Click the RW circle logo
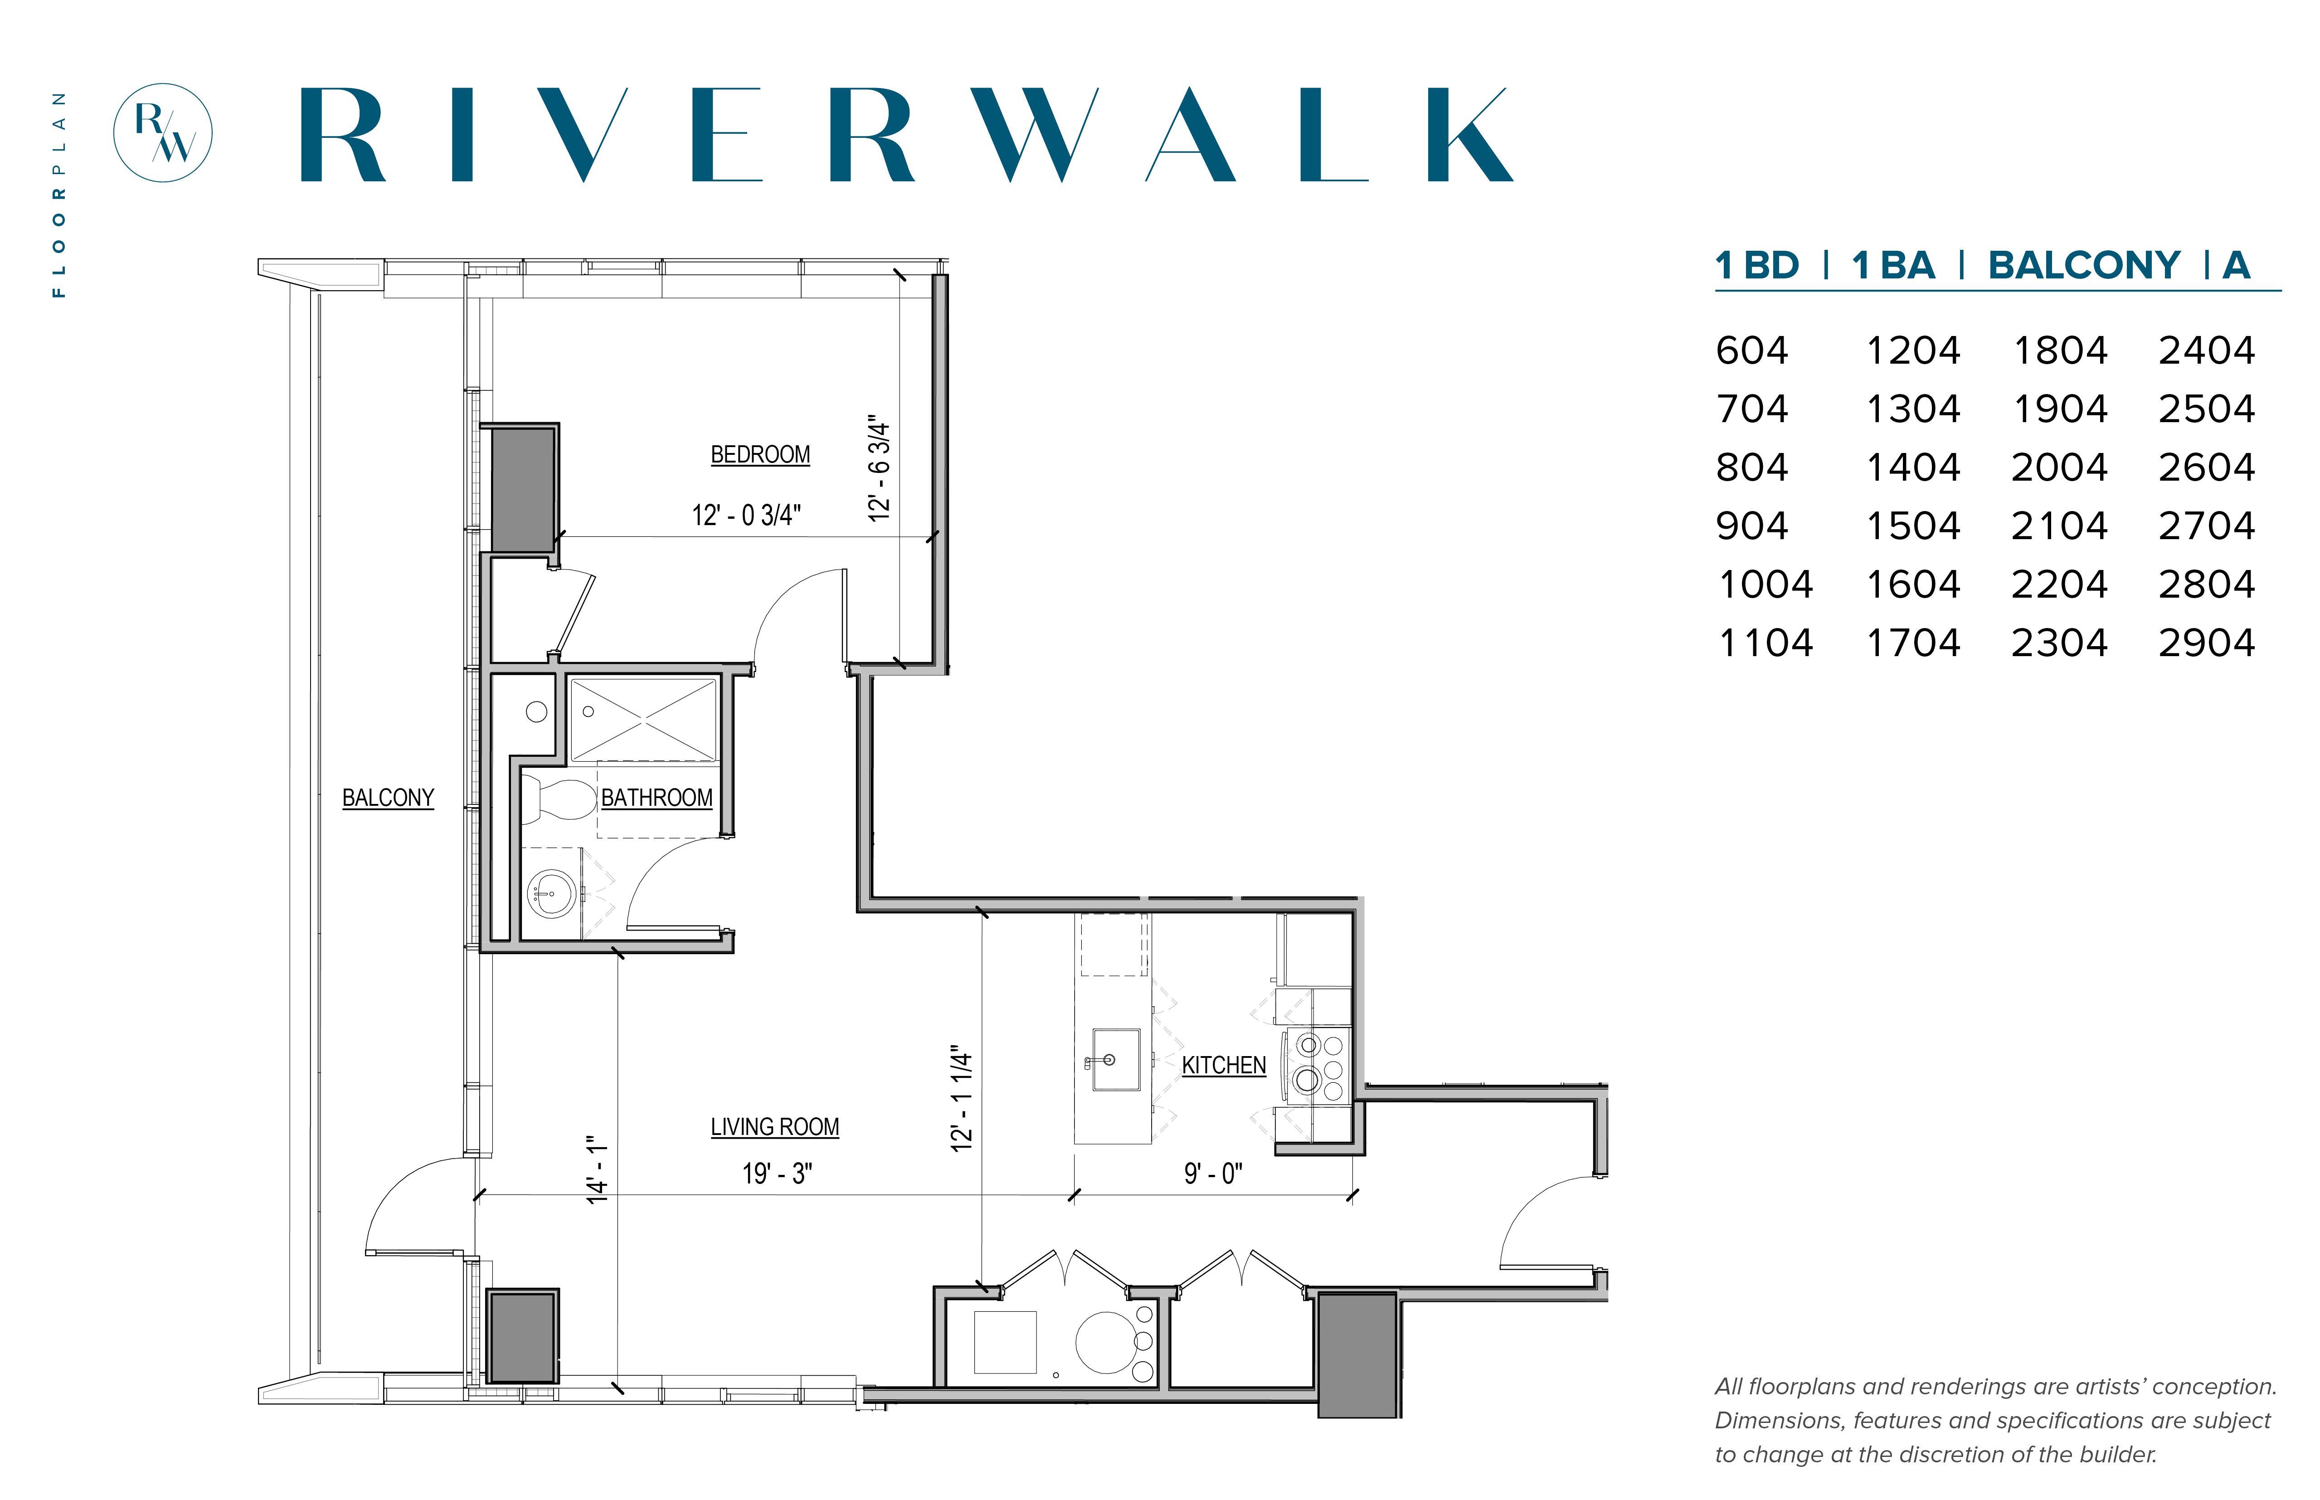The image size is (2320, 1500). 163,132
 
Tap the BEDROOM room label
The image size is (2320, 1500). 760,455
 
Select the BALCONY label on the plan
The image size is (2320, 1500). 388,798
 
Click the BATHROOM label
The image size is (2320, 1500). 657,798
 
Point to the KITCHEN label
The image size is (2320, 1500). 1223,1066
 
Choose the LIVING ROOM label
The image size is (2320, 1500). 774,1127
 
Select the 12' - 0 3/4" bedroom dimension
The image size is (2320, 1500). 746,515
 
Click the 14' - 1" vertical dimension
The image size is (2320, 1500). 597,1169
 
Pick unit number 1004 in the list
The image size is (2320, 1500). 1765,584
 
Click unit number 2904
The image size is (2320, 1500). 2206,643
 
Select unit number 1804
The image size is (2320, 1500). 2060,351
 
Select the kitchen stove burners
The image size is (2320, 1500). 1320,1065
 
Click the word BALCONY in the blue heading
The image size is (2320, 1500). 2083,265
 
